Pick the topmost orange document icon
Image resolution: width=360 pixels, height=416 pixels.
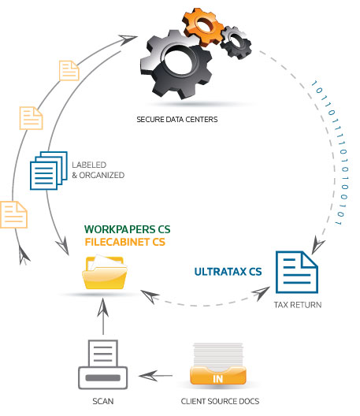69,70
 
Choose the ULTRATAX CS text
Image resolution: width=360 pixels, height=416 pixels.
228,273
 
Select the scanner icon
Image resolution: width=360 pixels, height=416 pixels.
102,364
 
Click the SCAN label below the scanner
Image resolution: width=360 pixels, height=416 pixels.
103,402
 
